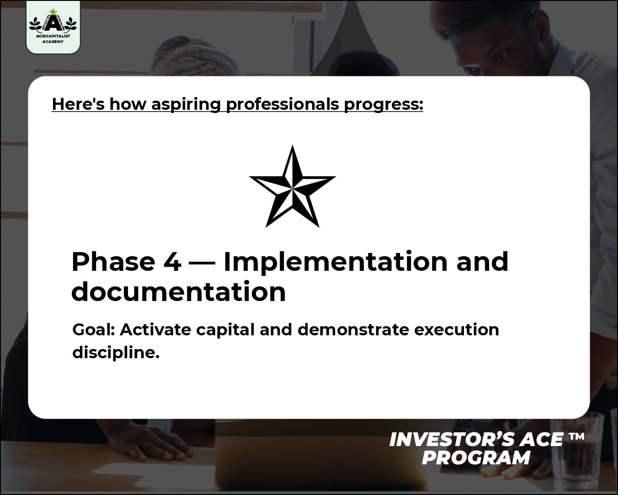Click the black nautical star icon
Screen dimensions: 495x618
pos(292,187)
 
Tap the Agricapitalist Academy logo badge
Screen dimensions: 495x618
pos(53,27)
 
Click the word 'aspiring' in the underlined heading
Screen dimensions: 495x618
pos(186,104)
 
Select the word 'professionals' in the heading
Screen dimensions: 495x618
pos(282,104)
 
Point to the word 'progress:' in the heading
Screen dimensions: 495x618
pos(384,104)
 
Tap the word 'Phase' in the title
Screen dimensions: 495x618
pos(113,262)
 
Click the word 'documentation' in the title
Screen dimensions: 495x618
pos(178,292)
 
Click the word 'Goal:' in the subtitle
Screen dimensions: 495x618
pos(94,329)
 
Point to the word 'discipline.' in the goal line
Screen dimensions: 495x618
pos(116,353)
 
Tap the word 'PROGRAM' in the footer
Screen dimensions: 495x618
pos(476,457)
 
